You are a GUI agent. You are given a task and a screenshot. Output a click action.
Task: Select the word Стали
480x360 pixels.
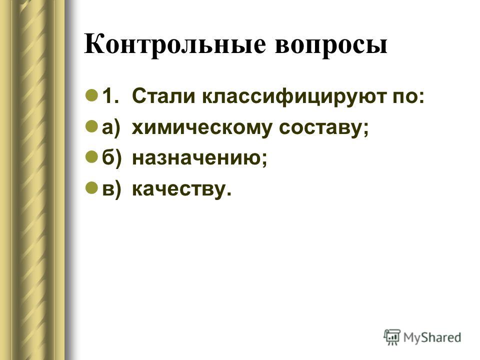coord(163,96)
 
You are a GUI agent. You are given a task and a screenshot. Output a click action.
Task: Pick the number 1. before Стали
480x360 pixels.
coord(110,96)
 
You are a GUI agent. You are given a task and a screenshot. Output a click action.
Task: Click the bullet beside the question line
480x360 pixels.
coord(92,95)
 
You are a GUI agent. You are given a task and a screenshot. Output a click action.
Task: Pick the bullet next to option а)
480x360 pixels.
coord(92,126)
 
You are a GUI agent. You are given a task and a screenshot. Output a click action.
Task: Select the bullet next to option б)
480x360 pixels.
coord(92,156)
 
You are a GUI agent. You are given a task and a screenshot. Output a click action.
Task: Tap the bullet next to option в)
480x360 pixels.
coord(92,187)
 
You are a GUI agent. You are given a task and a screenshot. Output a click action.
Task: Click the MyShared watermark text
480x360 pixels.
coord(432,337)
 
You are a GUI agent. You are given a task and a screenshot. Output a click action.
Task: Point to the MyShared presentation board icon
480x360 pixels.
coord(392,337)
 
